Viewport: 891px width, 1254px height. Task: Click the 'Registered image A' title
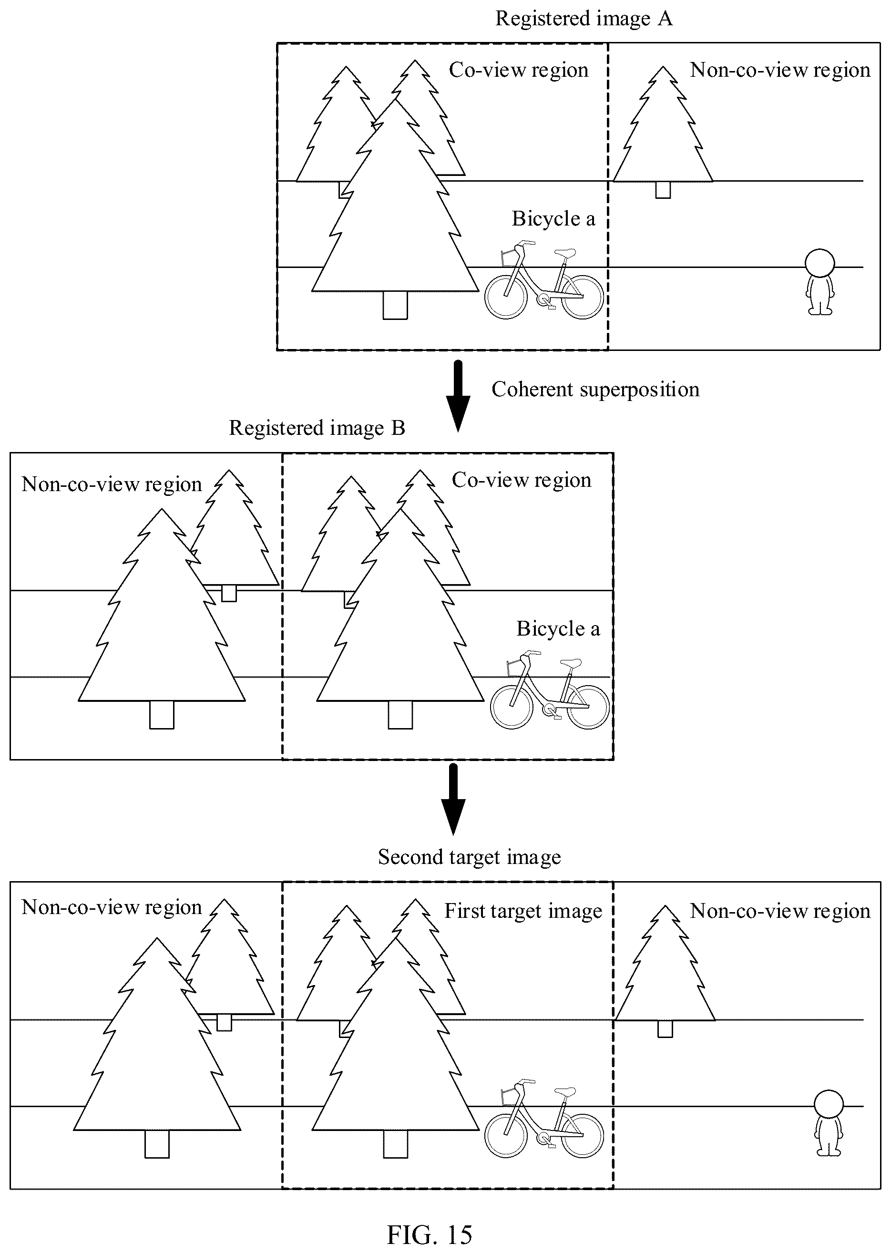coord(584,19)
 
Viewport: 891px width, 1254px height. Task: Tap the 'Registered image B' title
coord(317,428)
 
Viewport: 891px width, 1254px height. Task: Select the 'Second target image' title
coord(470,857)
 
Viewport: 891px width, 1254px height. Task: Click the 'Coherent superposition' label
coord(595,389)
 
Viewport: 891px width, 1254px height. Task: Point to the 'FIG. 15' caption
coord(430,1235)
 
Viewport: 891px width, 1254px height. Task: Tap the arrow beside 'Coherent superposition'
coord(458,396)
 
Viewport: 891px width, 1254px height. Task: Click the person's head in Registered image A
coord(819,263)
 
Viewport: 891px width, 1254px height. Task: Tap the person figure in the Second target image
coord(829,1123)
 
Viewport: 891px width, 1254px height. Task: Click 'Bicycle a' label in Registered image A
coord(553,218)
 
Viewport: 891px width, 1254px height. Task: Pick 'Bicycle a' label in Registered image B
coord(558,628)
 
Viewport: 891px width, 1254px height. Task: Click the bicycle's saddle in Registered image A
coord(565,253)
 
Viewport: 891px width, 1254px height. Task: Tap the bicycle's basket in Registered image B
coord(515,668)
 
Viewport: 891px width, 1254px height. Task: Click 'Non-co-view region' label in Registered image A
coord(779,70)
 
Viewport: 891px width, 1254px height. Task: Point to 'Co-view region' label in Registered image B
coord(521,480)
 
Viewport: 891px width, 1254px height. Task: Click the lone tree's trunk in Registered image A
coord(663,190)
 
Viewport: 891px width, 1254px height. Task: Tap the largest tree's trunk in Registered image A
coord(395,305)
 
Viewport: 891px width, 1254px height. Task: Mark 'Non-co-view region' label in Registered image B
coord(112,484)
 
